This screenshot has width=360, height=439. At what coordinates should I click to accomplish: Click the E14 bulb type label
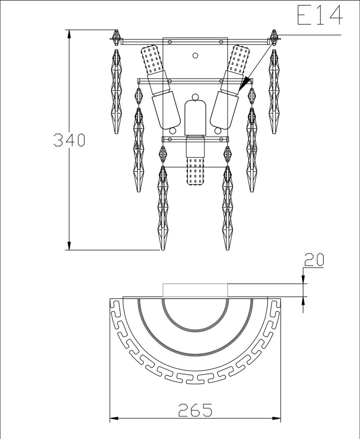point(320,15)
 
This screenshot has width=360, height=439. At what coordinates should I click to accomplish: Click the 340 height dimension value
point(69,140)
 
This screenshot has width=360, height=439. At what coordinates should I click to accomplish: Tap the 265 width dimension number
point(195,410)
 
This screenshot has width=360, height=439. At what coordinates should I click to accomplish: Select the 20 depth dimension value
point(314,259)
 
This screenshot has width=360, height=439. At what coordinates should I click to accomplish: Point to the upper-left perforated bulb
point(152,59)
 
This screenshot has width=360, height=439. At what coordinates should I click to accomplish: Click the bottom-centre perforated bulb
point(195,172)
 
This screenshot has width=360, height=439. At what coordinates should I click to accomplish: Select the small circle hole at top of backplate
point(195,55)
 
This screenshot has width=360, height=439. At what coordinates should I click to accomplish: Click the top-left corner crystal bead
point(116,37)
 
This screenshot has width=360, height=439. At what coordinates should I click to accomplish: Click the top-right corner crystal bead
point(274,37)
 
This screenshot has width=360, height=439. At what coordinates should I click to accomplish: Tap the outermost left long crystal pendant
point(116,91)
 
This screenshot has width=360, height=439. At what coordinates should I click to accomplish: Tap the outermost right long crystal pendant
point(274,91)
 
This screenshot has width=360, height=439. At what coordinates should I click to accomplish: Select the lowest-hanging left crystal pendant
point(162,208)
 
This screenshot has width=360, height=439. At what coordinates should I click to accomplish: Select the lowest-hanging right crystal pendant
point(227,208)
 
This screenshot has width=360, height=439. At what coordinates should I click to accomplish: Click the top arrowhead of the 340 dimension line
point(69,34)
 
